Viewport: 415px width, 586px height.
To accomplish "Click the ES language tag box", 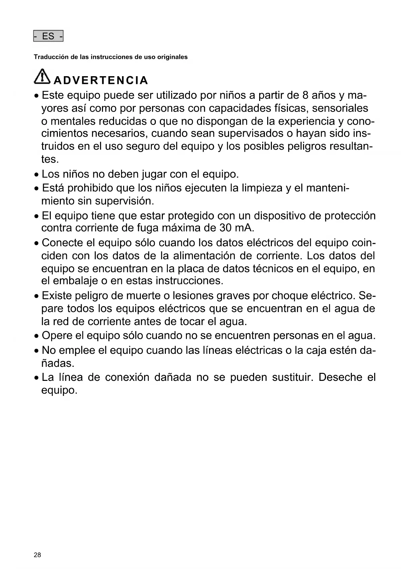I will (48, 36).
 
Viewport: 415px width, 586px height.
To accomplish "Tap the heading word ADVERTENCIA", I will (101, 81).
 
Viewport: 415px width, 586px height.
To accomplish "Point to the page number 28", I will (37, 555).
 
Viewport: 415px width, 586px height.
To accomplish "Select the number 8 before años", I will (305, 96).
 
